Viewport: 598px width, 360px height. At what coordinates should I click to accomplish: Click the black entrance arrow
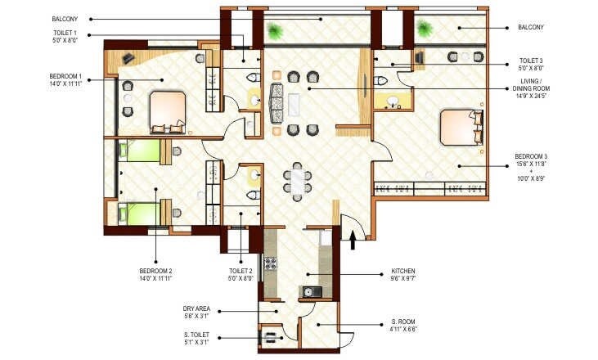(353, 239)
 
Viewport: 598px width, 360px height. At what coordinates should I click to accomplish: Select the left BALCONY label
(65, 18)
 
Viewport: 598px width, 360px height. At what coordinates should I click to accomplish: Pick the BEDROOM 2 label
(155, 274)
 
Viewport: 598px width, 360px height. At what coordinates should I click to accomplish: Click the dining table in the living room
(297, 181)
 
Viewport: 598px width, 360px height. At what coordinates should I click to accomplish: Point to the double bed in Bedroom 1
(169, 111)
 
